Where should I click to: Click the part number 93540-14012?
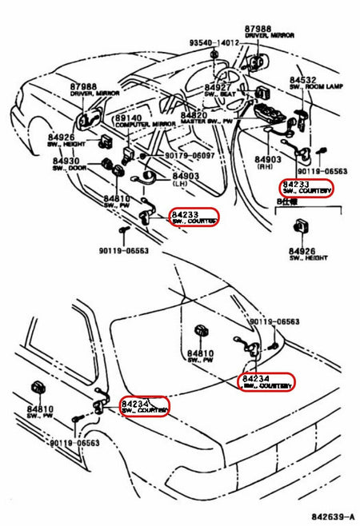point(214,42)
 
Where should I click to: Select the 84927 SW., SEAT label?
point(218,90)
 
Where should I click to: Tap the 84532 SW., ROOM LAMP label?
point(312,85)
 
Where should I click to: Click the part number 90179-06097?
point(190,155)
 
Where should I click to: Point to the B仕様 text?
point(286,203)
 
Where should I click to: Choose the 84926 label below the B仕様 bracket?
point(305,254)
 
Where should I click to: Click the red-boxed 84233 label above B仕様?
point(306,189)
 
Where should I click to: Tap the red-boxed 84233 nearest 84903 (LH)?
point(193,217)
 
